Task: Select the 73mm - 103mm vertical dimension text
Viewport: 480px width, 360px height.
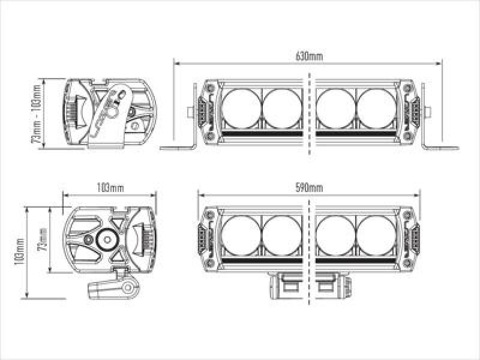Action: pos(37,114)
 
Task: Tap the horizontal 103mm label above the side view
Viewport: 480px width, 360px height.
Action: pos(110,188)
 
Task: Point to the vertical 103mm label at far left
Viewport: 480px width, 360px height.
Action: pos(20,252)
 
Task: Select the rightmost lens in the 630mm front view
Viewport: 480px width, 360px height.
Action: pos(376,109)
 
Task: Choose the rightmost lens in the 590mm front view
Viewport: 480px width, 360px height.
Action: pos(376,235)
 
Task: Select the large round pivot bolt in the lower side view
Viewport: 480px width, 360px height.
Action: pos(109,239)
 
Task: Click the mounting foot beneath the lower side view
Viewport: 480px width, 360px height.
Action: pos(111,287)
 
